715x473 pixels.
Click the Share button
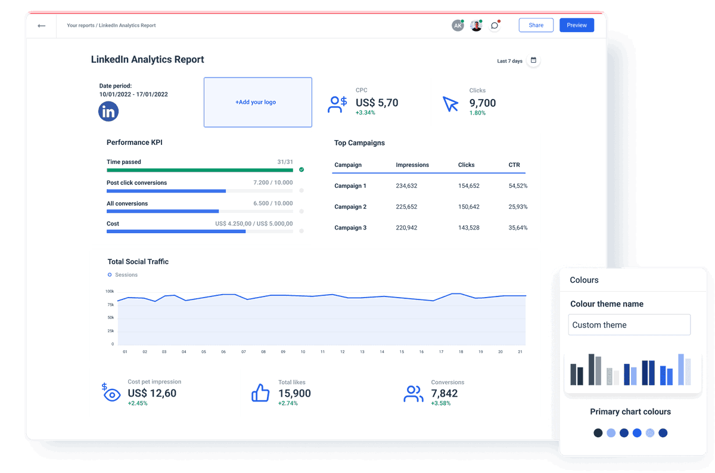point(536,25)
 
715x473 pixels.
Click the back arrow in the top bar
point(41,26)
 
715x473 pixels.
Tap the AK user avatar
point(458,26)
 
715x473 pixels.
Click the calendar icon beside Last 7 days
point(533,60)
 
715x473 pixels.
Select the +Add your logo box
point(257,102)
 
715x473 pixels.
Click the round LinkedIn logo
point(108,112)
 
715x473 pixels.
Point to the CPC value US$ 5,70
point(377,103)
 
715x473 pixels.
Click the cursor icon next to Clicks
point(450,104)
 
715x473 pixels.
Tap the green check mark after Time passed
point(301,169)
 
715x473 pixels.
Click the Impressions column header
point(412,165)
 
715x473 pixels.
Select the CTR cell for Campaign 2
point(517,207)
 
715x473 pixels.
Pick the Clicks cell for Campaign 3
point(468,228)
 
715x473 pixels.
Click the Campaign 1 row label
point(350,186)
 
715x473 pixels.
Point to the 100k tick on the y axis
point(110,292)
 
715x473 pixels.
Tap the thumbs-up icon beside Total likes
point(260,393)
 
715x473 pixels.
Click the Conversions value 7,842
point(444,393)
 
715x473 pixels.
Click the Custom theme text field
point(629,325)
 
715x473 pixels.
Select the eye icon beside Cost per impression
point(112,394)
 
